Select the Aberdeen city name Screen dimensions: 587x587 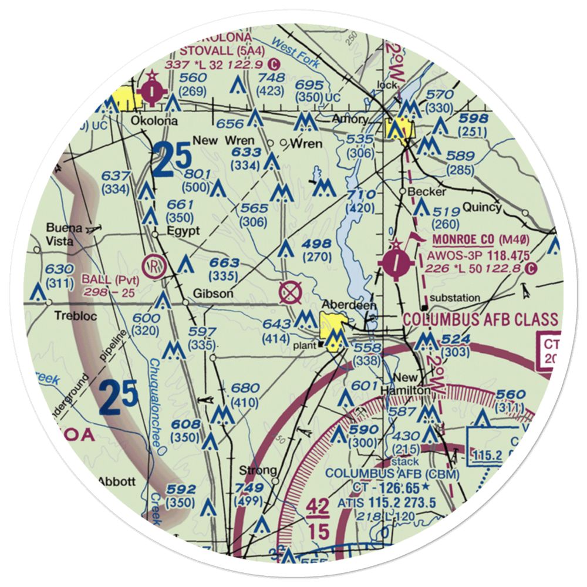click(x=349, y=305)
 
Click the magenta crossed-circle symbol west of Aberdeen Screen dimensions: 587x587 click(x=289, y=292)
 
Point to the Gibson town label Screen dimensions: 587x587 click(x=214, y=293)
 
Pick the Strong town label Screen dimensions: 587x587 click(x=258, y=470)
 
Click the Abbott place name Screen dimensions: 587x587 click(x=116, y=481)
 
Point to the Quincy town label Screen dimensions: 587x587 click(x=481, y=207)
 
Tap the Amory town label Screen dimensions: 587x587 click(x=350, y=120)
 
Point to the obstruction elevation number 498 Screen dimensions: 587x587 click(x=317, y=244)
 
